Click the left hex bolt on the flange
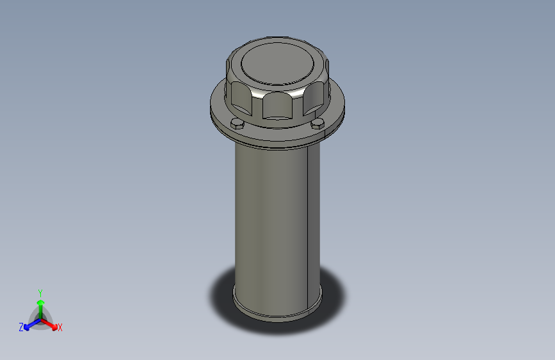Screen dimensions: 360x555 click(x=237, y=123)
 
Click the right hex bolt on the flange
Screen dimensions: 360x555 click(x=318, y=123)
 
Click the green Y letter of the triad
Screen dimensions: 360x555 click(x=40, y=291)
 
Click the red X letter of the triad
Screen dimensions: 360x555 click(x=60, y=327)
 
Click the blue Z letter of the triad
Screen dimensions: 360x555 click(x=21, y=327)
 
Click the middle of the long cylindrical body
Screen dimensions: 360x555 click(x=272, y=224)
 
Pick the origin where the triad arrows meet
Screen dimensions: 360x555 click(x=40, y=318)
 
